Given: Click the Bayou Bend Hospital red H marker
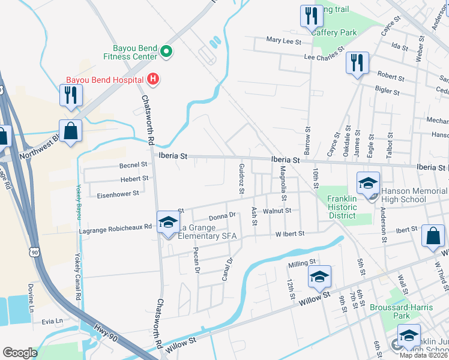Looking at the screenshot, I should coord(153,79).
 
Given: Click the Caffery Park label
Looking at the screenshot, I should coord(334,32).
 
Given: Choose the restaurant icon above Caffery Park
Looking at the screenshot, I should coord(310,16).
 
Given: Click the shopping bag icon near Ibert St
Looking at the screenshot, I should coord(433,236).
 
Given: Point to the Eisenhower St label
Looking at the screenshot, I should coord(118,194).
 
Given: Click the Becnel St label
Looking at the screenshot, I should coord(133,164).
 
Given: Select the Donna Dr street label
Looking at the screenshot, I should coord(223,217).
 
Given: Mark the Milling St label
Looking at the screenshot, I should coord(301,263).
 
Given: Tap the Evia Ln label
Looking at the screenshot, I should coord(52,321).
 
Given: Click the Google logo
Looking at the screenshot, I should coord(20,353).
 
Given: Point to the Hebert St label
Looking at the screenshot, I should coord(134,179).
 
